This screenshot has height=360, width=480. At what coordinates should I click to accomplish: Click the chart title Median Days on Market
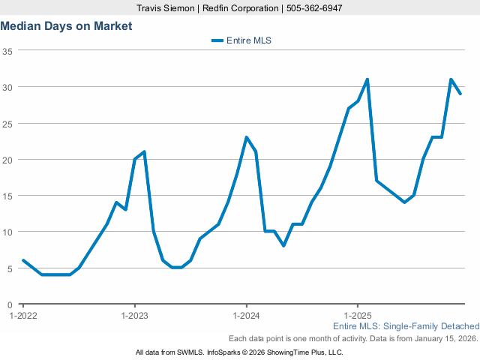(x=66, y=25)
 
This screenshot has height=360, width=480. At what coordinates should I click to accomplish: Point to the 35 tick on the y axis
(x=7, y=51)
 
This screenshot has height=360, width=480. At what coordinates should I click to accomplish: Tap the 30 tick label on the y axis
(x=7, y=87)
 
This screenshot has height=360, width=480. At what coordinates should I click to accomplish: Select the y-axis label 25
(x=7, y=123)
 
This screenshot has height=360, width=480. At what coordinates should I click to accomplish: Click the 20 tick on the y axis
(x=7, y=160)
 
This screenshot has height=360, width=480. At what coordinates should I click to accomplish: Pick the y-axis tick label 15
(x=7, y=196)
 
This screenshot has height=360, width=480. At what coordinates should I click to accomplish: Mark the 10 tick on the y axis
(x=7, y=232)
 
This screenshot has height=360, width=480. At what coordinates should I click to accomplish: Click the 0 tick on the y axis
(x=10, y=304)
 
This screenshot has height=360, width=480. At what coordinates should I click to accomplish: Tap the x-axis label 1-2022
(x=22, y=315)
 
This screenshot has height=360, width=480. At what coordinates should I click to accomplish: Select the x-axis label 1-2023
(x=134, y=315)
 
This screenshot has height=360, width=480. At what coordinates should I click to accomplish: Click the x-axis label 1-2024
(x=246, y=315)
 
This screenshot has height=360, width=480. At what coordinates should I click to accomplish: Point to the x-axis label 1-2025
(x=358, y=315)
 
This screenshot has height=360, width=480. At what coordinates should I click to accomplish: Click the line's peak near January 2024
(x=247, y=137)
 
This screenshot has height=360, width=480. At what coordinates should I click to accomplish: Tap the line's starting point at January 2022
(x=23, y=260)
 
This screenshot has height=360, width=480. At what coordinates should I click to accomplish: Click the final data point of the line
(x=460, y=94)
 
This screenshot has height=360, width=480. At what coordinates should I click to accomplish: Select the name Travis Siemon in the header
(x=169, y=7)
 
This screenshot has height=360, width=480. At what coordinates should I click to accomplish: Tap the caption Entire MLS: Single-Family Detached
(x=406, y=326)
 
